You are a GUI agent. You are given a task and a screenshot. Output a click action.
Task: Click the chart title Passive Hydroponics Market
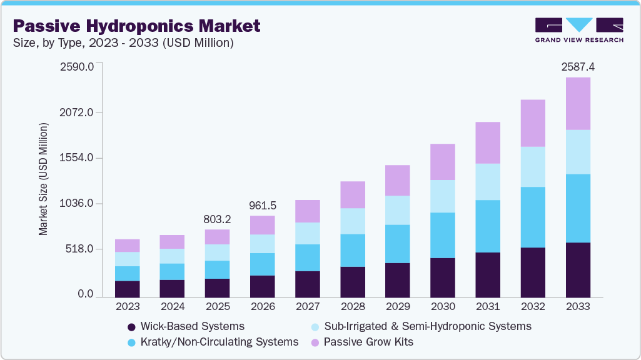point(137,26)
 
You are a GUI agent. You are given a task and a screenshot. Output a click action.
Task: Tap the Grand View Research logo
point(579,30)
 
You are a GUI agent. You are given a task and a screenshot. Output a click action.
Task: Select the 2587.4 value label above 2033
point(577,66)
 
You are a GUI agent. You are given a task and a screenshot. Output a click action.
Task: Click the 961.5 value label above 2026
point(262,204)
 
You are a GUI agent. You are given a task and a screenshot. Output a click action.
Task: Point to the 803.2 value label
point(217,219)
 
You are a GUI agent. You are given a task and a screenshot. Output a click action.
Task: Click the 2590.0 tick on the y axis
point(77,66)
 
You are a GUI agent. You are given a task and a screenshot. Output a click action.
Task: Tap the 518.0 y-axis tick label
point(80,249)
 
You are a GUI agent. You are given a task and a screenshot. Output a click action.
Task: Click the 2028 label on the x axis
point(352,307)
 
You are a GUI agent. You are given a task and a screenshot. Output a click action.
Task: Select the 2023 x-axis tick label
point(127,307)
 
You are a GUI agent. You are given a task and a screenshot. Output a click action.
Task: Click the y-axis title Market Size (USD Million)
point(43,180)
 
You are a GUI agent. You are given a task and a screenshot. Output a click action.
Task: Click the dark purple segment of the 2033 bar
point(577,269)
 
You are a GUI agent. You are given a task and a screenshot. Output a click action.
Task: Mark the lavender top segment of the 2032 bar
point(532,123)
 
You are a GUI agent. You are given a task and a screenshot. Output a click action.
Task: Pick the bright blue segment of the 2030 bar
point(442,235)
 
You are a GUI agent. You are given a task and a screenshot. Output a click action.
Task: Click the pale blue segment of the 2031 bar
point(487,182)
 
